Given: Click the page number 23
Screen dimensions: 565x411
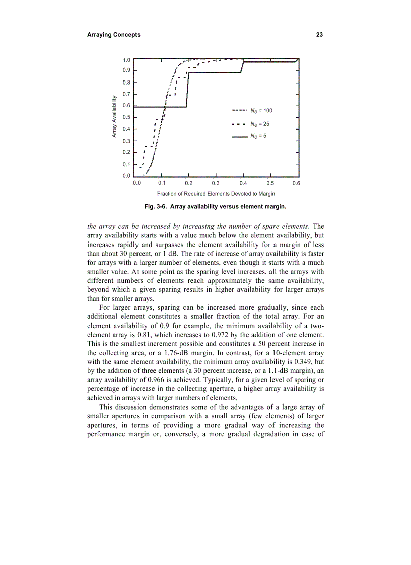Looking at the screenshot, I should click(319, 35).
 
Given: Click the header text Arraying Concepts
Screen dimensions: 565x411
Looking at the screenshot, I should click(113, 35).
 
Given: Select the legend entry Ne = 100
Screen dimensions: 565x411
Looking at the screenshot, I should click(261, 111).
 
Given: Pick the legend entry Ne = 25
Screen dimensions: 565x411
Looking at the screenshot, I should click(260, 124).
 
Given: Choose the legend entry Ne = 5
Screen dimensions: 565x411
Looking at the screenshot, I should click(258, 136).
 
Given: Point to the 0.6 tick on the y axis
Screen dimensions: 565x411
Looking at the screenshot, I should click(126, 106).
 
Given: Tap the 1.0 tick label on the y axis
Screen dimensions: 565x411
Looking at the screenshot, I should click(126, 60).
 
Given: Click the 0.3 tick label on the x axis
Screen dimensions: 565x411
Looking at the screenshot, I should click(216, 183).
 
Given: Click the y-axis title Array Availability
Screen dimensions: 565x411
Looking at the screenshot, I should click(114, 117).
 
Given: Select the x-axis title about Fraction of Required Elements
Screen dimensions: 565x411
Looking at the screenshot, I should click(216, 194).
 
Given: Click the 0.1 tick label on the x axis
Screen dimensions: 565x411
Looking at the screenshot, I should click(162, 183).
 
